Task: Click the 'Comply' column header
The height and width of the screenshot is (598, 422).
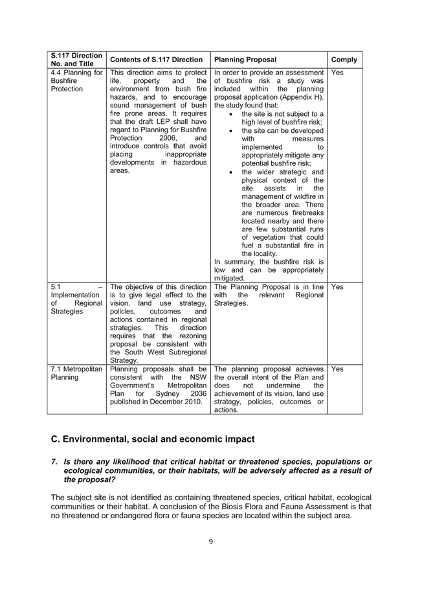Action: click(x=344, y=60)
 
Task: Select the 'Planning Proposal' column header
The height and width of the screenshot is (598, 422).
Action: click(x=245, y=60)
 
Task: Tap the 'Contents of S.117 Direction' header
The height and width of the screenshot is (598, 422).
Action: click(x=156, y=60)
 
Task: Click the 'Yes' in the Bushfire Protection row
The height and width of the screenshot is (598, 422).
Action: click(x=337, y=73)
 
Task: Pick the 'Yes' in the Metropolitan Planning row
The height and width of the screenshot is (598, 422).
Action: click(x=337, y=369)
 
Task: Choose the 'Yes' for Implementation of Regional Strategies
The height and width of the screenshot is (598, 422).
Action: click(x=337, y=287)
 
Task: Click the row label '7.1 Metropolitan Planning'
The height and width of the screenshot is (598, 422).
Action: click(x=76, y=373)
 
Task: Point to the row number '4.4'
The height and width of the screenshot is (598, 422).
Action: click(x=56, y=73)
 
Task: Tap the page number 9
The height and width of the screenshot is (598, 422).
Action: click(x=210, y=542)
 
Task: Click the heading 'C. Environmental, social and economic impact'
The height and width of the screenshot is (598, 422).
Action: click(x=153, y=439)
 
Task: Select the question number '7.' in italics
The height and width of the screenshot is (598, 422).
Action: click(x=54, y=461)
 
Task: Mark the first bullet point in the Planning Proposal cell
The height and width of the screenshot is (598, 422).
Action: click(x=231, y=114)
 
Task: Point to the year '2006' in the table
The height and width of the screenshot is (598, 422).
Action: click(x=168, y=138)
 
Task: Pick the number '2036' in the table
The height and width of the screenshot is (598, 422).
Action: click(x=199, y=393)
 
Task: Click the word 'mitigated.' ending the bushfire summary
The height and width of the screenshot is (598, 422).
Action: click(x=229, y=279)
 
